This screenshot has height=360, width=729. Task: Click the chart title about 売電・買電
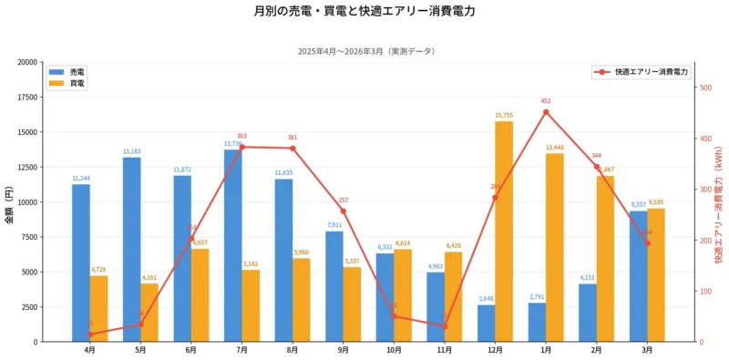(x=364, y=12)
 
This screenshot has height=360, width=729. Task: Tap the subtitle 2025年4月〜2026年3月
(x=364, y=51)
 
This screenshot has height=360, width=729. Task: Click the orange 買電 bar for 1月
(x=555, y=247)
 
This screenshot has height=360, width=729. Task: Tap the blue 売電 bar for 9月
(x=334, y=286)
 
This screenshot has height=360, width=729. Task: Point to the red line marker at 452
(x=546, y=112)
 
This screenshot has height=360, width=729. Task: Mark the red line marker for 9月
(x=344, y=211)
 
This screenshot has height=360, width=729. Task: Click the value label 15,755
(x=504, y=116)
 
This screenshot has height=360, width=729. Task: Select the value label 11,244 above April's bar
(x=81, y=179)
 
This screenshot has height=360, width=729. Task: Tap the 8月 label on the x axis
(x=293, y=350)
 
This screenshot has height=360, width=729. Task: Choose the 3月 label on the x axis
(x=647, y=350)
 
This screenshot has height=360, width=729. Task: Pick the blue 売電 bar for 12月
(x=487, y=324)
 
